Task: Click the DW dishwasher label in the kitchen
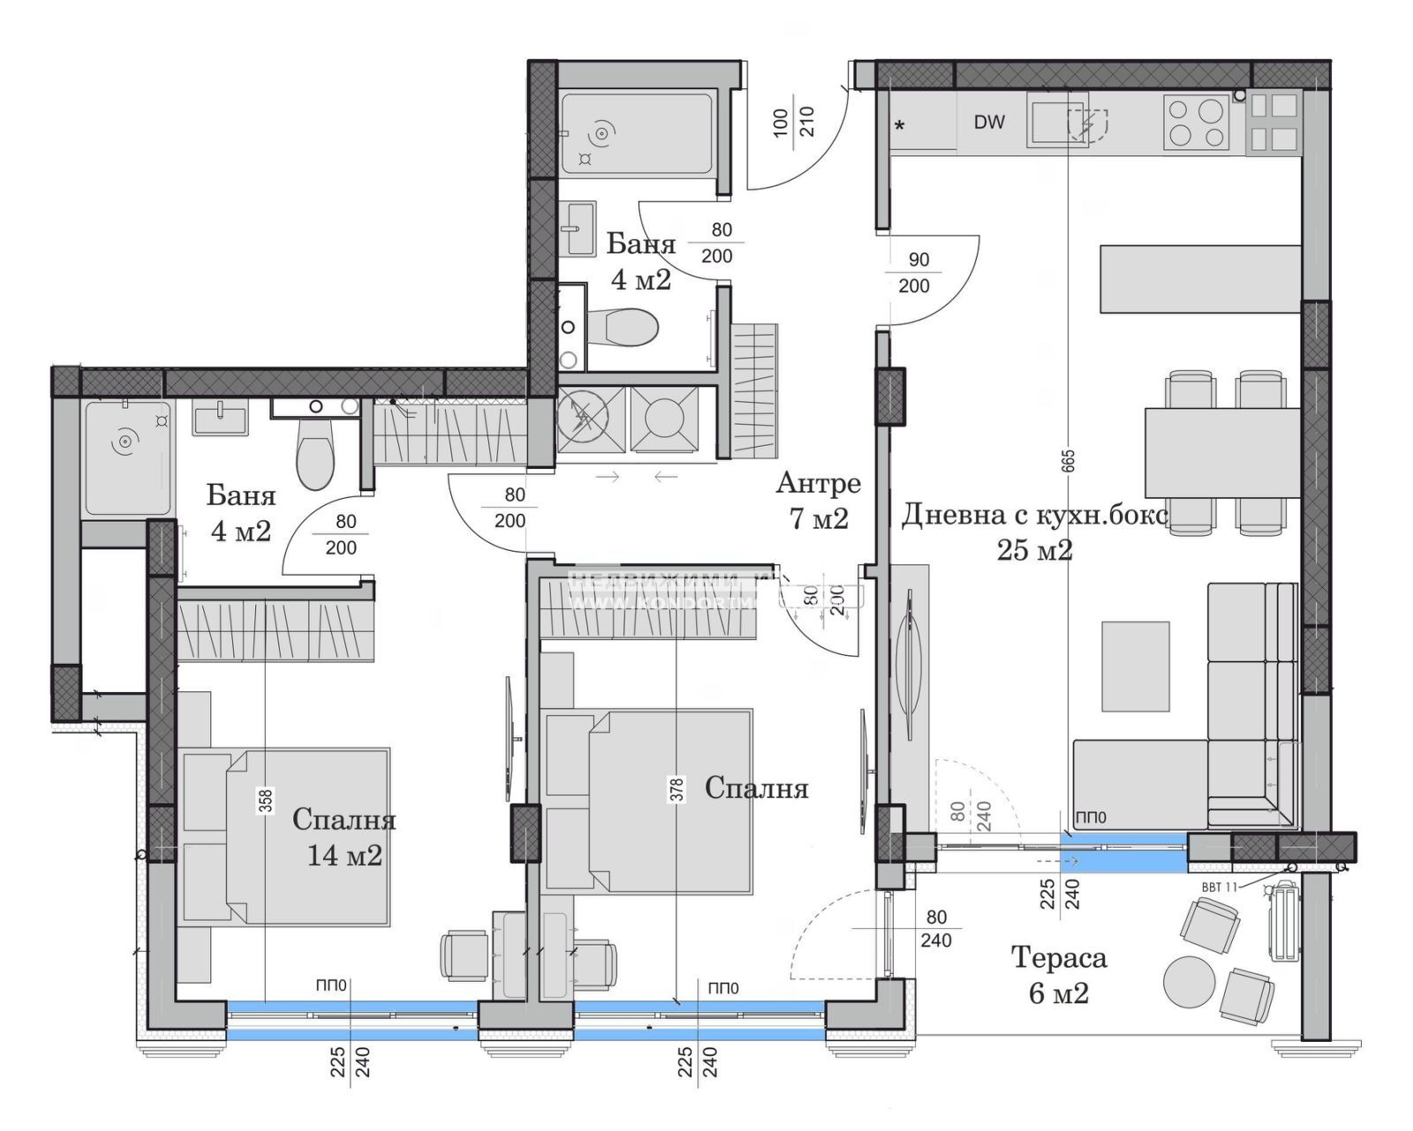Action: click(x=989, y=123)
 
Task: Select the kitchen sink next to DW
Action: click(x=1056, y=120)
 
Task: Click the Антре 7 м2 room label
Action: click(x=819, y=500)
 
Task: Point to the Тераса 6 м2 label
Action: click(x=1058, y=975)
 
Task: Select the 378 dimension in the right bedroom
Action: click(x=677, y=788)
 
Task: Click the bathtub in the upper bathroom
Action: click(x=636, y=134)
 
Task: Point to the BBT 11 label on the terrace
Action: click(x=1219, y=886)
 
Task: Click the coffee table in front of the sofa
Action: click(x=1136, y=666)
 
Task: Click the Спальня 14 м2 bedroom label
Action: click(x=344, y=837)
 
